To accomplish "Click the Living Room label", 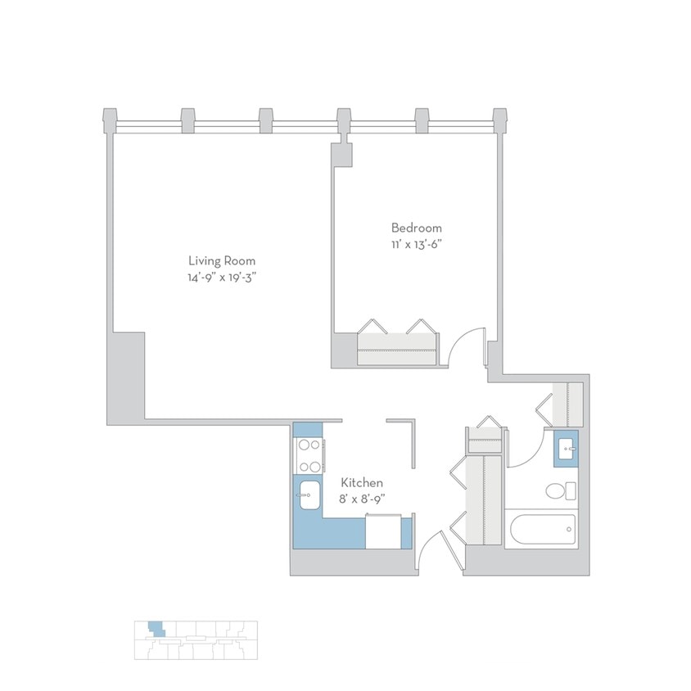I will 222,261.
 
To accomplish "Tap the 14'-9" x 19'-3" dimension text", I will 222,278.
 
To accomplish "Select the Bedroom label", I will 416,228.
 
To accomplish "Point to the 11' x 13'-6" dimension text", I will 416,244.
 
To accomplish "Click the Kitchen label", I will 362,484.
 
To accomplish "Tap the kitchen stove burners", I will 309,456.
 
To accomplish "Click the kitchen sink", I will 309,495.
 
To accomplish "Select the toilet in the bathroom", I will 560,491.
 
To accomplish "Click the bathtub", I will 540,529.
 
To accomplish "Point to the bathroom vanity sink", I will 566,448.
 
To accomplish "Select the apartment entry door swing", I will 432,550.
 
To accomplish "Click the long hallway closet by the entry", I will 482,499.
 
